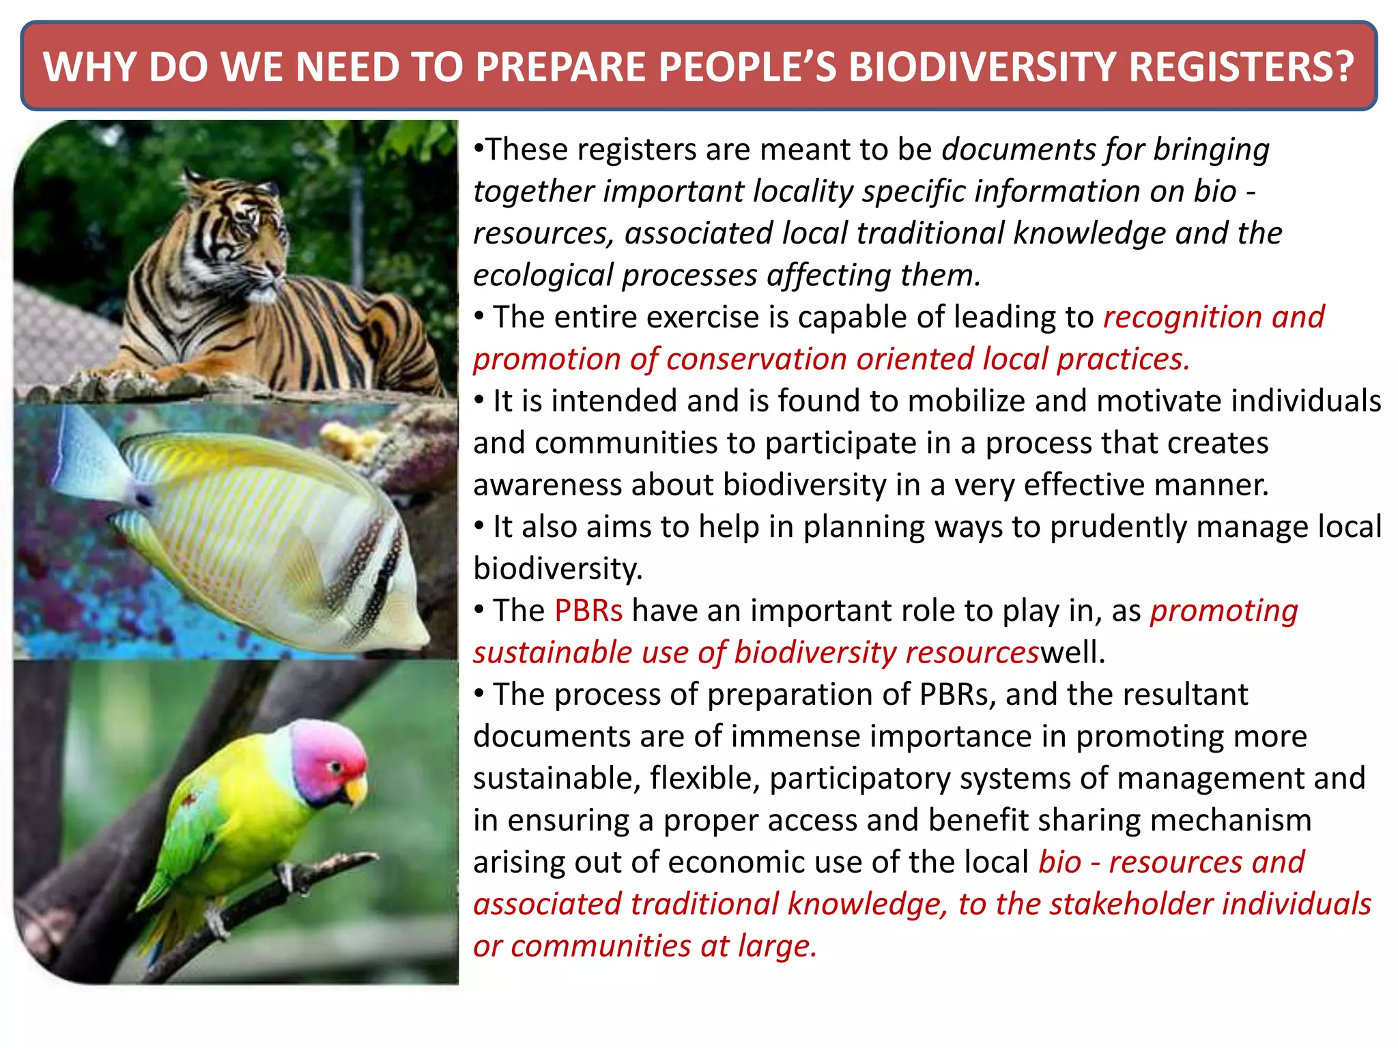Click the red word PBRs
tap(588, 611)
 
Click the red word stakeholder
tap(1130, 904)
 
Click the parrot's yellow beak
tap(356, 791)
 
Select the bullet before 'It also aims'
tap(480, 526)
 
